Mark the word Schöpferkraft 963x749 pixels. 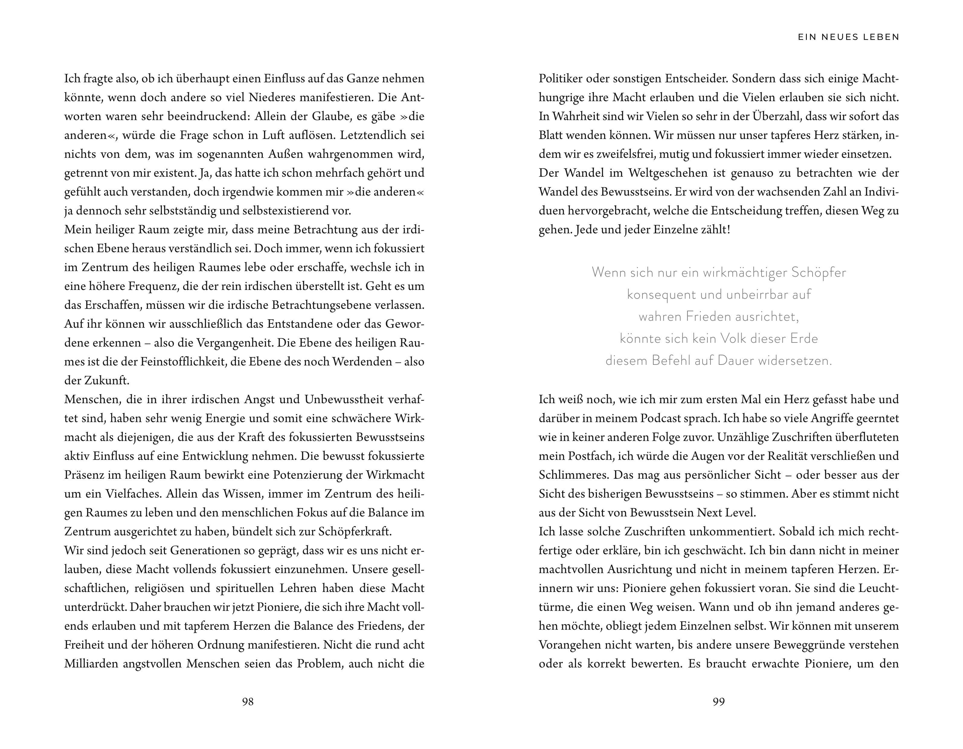[355, 532]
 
